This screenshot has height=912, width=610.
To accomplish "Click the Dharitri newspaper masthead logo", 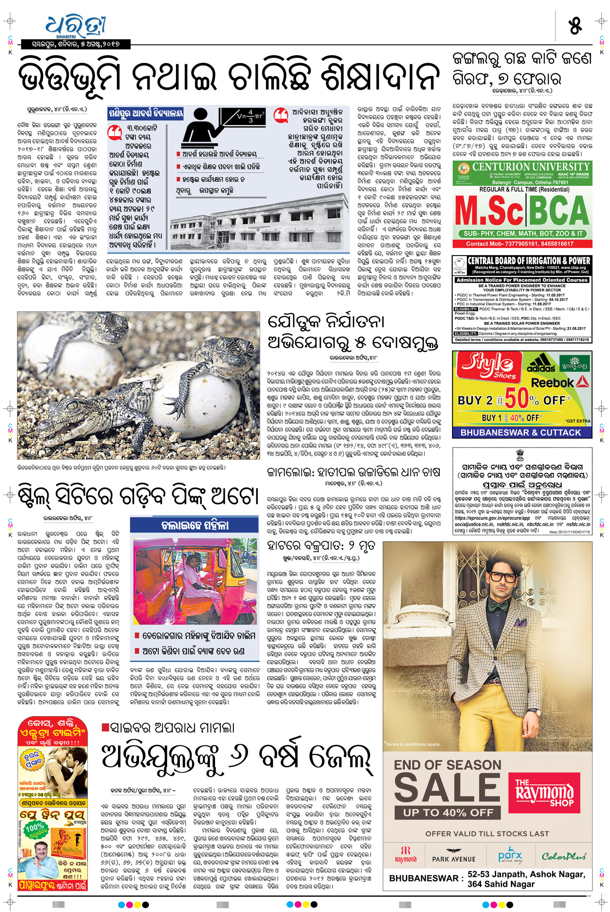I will click(76, 28).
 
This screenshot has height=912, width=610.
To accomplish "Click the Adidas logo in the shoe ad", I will click(541, 363).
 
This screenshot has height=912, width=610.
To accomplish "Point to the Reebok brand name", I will click(555, 382).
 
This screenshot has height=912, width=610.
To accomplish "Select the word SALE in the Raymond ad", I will click(447, 787).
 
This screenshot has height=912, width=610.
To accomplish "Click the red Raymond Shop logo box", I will click(544, 793).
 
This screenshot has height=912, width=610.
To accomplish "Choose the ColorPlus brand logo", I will click(564, 856).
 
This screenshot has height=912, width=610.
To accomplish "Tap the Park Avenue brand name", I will click(453, 857).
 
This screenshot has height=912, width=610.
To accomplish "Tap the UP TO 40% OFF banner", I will click(448, 812).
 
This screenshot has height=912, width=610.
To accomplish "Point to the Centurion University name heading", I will click(531, 167).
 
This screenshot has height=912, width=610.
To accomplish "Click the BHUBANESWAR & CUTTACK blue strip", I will click(522, 432).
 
